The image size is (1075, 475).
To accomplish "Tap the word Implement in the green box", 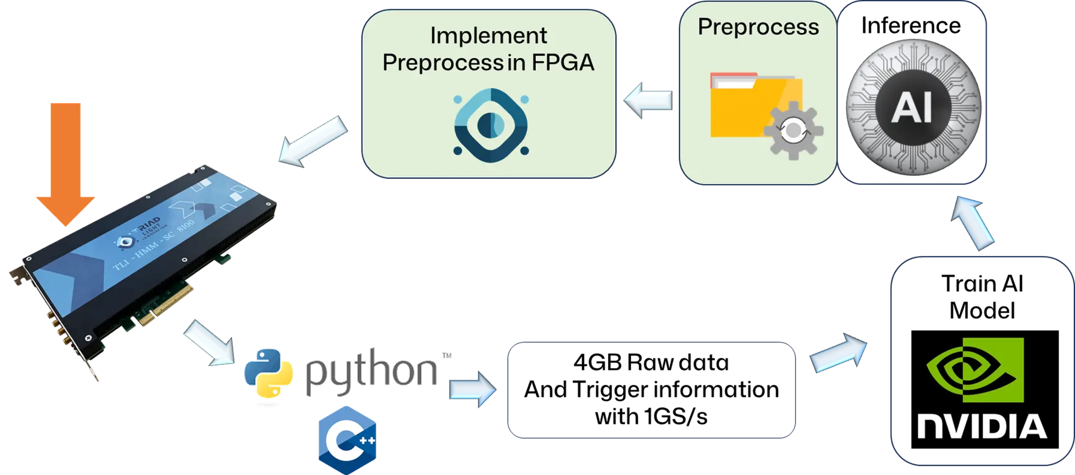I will tap(488, 36).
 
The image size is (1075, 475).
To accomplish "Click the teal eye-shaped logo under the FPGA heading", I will tap(490, 125).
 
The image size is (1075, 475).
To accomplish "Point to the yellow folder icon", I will tap(750, 106).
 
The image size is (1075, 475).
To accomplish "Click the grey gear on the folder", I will tap(793, 131).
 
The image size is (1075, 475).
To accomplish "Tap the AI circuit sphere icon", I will tap(913, 106).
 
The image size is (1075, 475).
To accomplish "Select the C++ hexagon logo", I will tap(348, 439).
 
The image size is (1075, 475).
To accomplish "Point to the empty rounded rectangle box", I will tap(651, 390).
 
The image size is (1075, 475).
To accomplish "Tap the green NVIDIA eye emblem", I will tap(975, 370).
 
